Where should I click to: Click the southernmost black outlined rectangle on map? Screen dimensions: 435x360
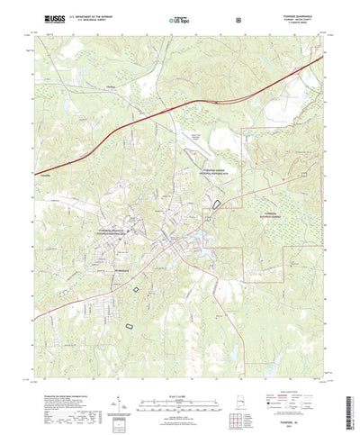pyautogui.click(x=128, y=323)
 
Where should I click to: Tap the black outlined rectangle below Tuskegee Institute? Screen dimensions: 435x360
pyautogui.click(x=136, y=289)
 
